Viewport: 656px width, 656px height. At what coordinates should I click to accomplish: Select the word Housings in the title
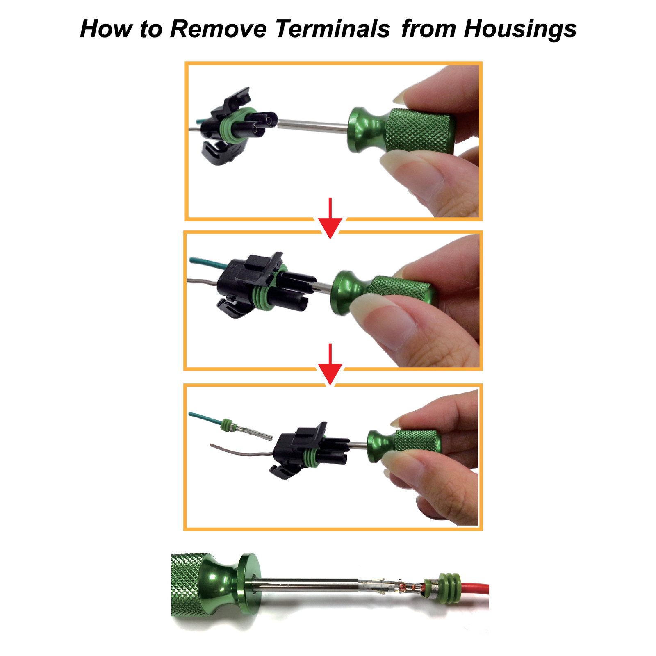(520, 30)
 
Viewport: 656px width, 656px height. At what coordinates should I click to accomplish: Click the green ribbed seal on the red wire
(448, 589)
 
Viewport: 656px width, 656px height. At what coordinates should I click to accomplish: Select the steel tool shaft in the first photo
(312, 125)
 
